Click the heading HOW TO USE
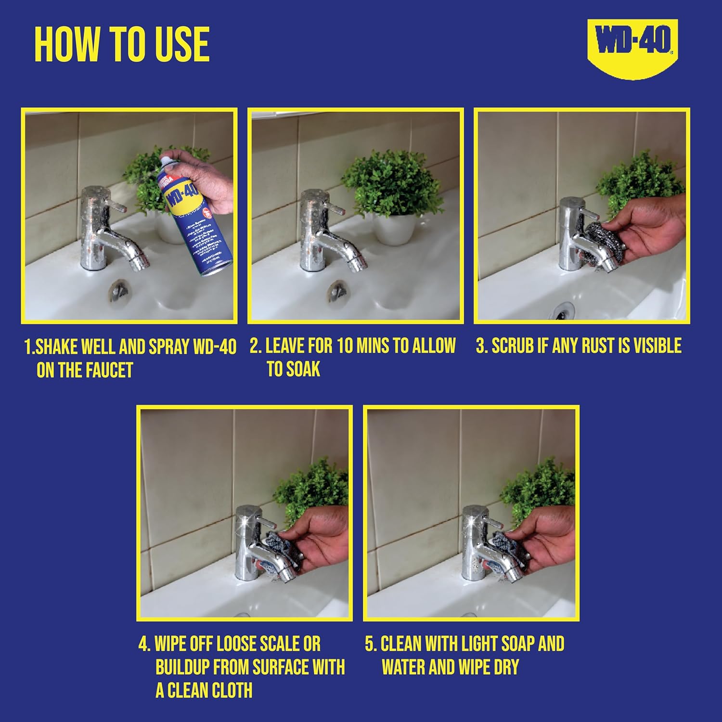pos(122,44)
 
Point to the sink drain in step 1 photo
pos(119,291)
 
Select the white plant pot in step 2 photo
pos(394,227)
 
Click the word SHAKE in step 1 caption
pos(57,347)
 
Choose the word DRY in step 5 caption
pos(505,667)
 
